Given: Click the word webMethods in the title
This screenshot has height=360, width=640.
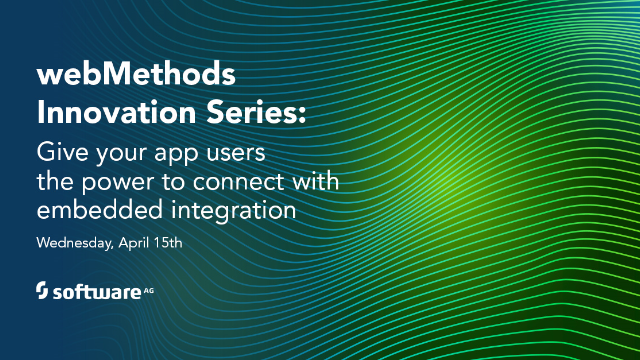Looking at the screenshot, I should tap(120, 77).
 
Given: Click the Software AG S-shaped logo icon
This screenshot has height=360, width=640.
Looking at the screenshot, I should tap(43, 291).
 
